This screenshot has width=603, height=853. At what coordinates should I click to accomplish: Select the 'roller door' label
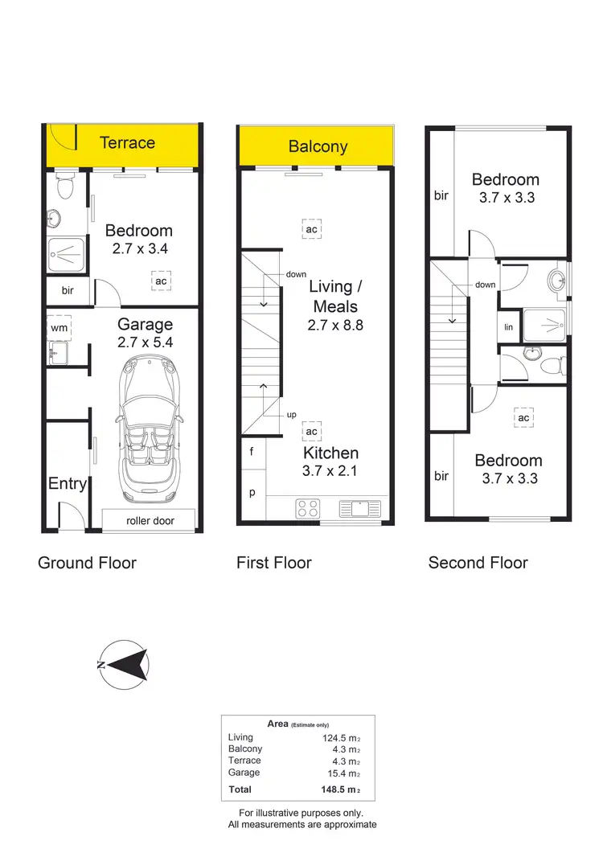[x=150, y=521]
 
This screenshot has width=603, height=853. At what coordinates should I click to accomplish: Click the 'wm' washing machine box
[x=59, y=328]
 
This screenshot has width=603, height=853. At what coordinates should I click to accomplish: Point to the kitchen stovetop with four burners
[x=307, y=508]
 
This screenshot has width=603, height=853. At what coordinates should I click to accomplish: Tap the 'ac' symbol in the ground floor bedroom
[x=161, y=281]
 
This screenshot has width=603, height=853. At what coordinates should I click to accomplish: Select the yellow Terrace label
[x=127, y=143]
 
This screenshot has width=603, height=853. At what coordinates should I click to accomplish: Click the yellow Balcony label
[x=318, y=146]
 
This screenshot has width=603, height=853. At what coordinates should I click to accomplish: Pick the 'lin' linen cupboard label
[x=508, y=327]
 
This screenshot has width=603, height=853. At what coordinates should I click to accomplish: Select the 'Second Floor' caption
[x=478, y=563]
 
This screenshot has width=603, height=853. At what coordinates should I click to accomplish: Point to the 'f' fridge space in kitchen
[x=252, y=452]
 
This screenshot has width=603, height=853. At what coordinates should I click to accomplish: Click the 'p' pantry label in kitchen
[x=252, y=492]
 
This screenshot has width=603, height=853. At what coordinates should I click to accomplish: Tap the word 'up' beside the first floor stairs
[x=292, y=415]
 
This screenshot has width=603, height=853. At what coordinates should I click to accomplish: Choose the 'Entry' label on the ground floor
[x=68, y=483]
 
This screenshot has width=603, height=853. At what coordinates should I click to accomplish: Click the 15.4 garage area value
[x=337, y=773]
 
